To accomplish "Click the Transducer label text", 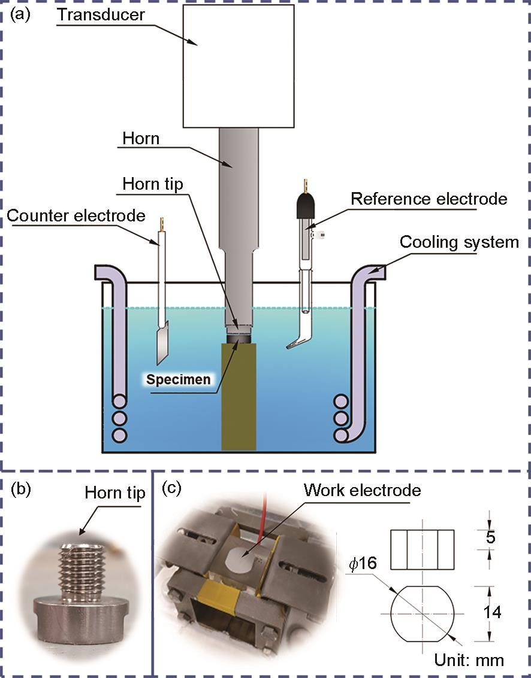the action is click(x=101, y=15).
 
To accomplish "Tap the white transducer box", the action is click(x=239, y=66).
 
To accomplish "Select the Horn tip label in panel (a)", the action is click(x=152, y=184).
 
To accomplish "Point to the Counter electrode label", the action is click(x=76, y=215).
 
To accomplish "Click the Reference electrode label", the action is click(x=429, y=199).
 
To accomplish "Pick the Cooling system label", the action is click(x=459, y=242).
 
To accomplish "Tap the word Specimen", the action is click(x=178, y=379).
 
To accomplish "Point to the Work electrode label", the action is click(x=363, y=490).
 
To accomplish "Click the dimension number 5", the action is click(x=490, y=537).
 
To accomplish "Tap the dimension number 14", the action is click(x=493, y=612).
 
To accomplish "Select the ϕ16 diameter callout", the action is click(x=363, y=564).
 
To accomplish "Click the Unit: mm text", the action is click(x=469, y=660).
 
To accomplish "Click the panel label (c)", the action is click(x=171, y=489).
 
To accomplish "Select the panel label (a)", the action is click(x=20, y=16).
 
